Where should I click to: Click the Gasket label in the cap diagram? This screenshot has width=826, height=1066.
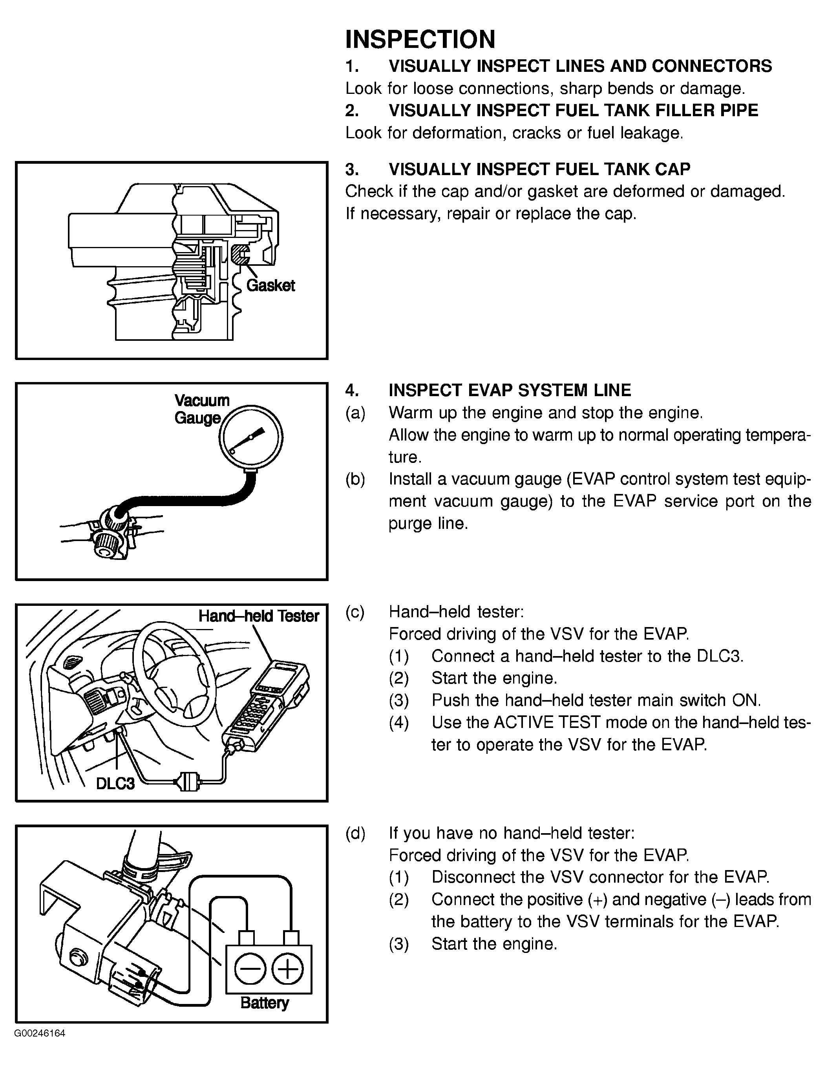click(x=270, y=285)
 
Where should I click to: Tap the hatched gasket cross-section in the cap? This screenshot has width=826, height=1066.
click(x=239, y=255)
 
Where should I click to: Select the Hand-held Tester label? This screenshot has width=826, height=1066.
click(x=258, y=616)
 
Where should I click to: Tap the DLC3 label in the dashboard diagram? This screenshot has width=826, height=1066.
click(x=115, y=783)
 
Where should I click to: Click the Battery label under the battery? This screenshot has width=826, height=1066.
click(x=265, y=1003)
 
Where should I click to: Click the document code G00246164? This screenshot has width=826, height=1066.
click(x=40, y=1034)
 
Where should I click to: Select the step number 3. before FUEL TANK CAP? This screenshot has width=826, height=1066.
click(x=352, y=169)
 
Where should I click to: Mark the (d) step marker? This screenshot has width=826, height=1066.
click(x=355, y=833)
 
